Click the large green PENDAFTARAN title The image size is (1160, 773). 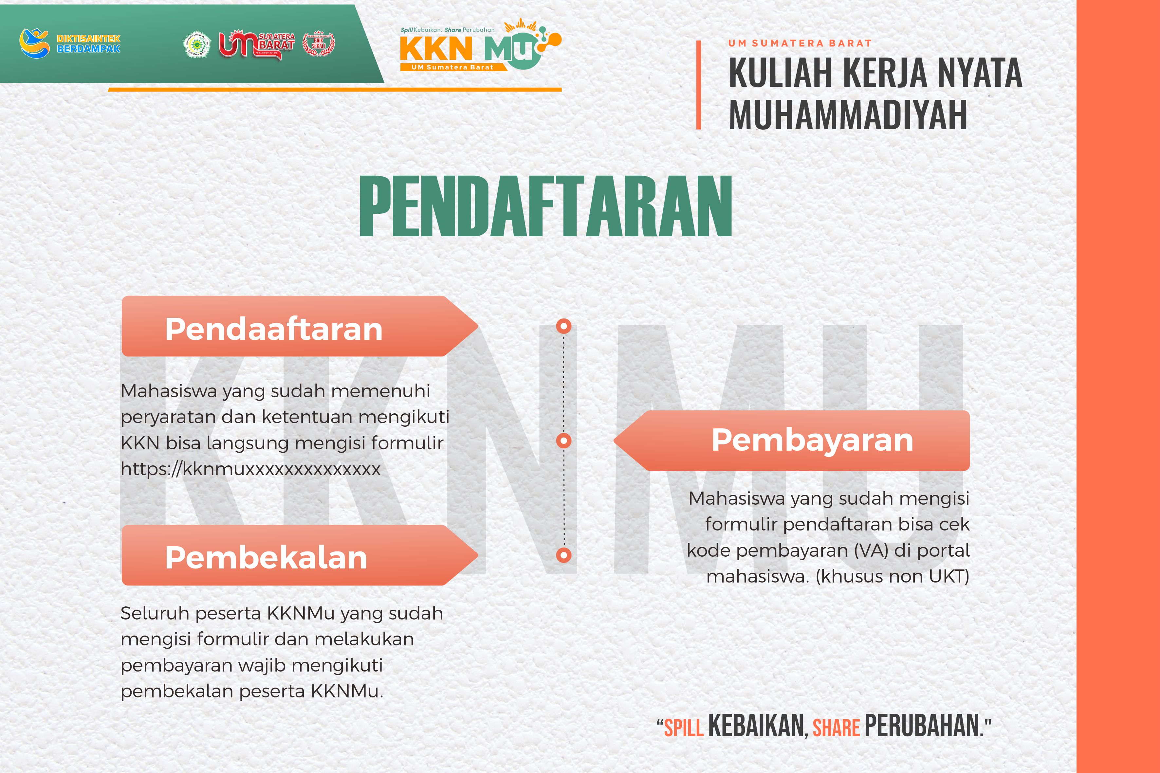pos(545,207)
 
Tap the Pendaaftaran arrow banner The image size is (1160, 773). pos(299,326)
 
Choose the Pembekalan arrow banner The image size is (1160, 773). pos(299,555)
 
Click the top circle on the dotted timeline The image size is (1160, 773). pos(564,326)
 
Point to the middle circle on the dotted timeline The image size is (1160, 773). pos(564,440)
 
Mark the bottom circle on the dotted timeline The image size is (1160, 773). pos(564,555)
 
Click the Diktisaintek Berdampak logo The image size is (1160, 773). pos(69,43)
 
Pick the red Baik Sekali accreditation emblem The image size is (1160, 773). pos(319,45)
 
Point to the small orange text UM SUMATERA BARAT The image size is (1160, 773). pos(800,44)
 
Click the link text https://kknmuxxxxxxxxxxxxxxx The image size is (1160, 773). pos(250,469)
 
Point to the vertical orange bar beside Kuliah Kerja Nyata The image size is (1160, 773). pos(698,85)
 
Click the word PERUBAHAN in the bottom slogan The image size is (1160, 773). pos(922,726)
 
